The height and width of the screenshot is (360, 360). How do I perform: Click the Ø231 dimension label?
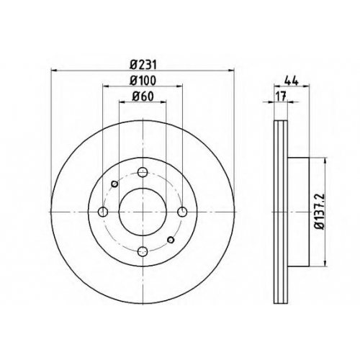click(x=143, y=65)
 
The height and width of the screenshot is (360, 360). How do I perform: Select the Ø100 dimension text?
click(x=143, y=81)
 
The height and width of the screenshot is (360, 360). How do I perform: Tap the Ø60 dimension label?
click(x=143, y=96)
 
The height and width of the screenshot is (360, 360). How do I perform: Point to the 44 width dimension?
click(x=291, y=81)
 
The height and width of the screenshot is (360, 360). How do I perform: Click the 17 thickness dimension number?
click(x=281, y=96)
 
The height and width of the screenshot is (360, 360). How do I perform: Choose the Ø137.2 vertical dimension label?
click(x=320, y=212)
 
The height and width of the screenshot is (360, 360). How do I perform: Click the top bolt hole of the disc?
click(x=143, y=172)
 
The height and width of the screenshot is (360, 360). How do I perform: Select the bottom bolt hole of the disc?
click(x=143, y=251)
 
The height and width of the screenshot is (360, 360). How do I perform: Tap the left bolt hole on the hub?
click(x=103, y=212)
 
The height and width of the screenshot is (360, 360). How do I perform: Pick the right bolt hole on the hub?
click(x=182, y=212)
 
